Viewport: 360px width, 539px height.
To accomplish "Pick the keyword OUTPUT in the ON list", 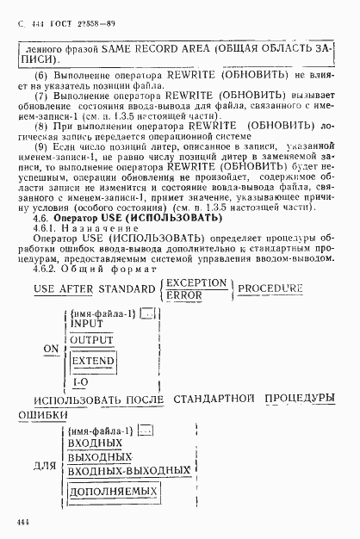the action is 92,341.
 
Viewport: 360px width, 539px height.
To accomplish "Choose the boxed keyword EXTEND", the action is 93,362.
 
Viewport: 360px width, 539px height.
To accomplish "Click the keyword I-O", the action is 79,381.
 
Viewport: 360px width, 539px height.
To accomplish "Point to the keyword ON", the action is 52,351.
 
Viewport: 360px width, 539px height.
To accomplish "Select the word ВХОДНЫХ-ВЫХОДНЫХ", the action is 127,471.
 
